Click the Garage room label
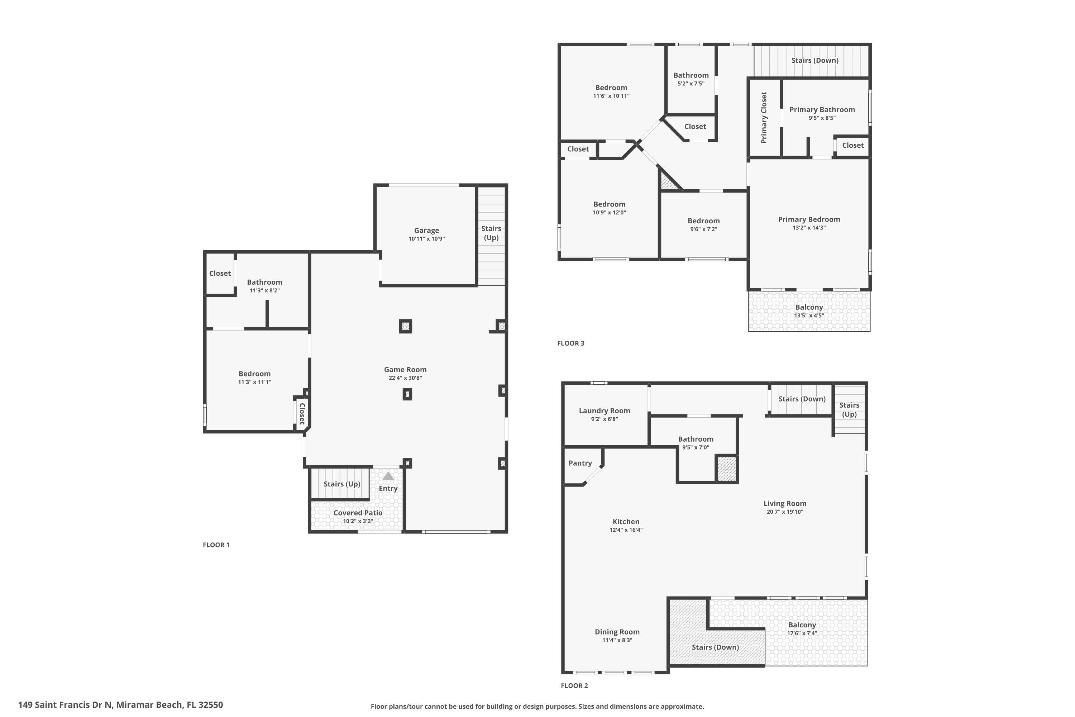click(426, 231)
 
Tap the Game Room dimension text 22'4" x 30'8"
click(405, 378)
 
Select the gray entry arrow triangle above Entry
click(388, 476)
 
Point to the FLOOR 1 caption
click(216, 545)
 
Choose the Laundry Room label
click(604, 410)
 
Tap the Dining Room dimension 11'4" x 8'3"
click(617, 640)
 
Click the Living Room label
click(784, 503)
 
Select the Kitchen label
click(625, 522)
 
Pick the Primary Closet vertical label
click(763, 118)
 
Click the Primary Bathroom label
click(821, 110)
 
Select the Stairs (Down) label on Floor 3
click(814, 60)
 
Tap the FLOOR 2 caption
click(574, 685)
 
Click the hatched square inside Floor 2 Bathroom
click(726, 469)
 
